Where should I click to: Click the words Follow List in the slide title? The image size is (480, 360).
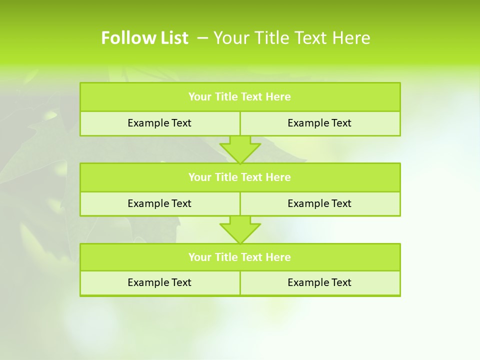(144, 38)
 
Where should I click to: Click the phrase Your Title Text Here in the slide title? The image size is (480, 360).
(291, 38)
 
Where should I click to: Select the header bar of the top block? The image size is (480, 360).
(239, 97)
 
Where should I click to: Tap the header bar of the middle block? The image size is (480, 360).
(239, 177)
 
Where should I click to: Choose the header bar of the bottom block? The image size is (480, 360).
(239, 257)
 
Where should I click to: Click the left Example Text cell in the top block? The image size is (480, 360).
(159, 123)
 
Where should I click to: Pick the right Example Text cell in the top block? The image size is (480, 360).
(319, 123)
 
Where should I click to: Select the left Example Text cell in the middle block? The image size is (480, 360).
(159, 204)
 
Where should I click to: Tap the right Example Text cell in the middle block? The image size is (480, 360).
(319, 204)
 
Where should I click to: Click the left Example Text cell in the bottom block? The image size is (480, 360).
(159, 283)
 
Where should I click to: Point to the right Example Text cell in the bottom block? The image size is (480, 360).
(319, 283)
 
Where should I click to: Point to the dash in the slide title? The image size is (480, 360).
(203, 38)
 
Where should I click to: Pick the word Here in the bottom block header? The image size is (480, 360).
(278, 257)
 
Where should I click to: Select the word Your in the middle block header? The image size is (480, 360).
(199, 177)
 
